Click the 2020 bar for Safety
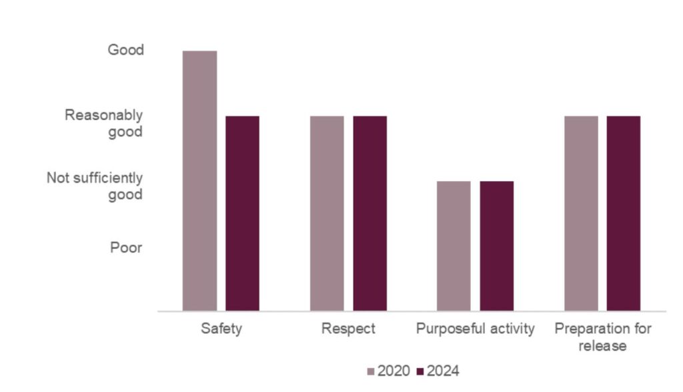[x=199, y=180]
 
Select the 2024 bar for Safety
[x=242, y=213]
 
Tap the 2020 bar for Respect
[x=327, y=213]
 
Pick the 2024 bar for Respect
[x=370, y=213]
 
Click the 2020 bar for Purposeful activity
[x=454, y=246]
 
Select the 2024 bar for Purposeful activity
[x=496, y=246]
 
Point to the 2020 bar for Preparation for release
[x=581, y=213]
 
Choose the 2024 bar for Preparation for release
[x=624, y=213]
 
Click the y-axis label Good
[x=125, y=50]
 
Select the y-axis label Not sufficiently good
[x=95, y=186]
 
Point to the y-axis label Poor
[x=126, y=248]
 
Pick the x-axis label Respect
[x=348, y=329]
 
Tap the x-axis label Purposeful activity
[x=475, y=329]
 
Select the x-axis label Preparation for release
[x=602, y=337]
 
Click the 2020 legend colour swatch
[x=372, y=371]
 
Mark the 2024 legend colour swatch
[x=420, y=371]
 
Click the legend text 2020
[x=394, y=371]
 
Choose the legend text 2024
[x=443, y=371]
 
